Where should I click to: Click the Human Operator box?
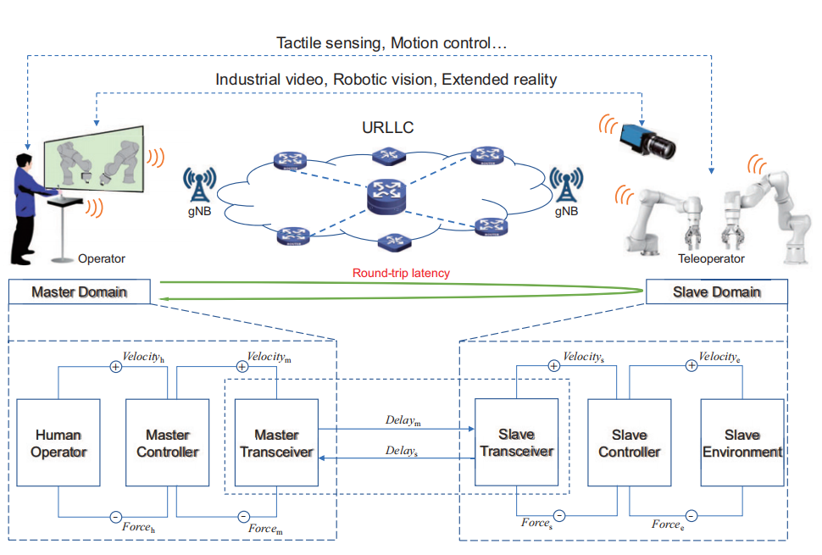[x=58, y=444]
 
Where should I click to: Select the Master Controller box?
[x=168, y=444]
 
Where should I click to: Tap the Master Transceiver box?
[x=276, y=444]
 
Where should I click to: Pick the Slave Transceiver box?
[x=516, y=444]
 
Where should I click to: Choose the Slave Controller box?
[x=629, y=444]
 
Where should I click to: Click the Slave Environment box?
[x=741, y=444]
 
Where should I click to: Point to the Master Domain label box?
[x=79, y=292]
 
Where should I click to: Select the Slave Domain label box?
[x=716, y=292]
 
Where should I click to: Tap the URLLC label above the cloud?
[x=387, y=128]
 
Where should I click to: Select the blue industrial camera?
[x=649, y=140]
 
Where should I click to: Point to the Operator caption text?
[x=101, y=258]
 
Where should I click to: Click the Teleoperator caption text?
[x=711, y=259]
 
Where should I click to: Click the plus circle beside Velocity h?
[x=115, y=367]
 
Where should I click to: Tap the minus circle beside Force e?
[x=691, y=516]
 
